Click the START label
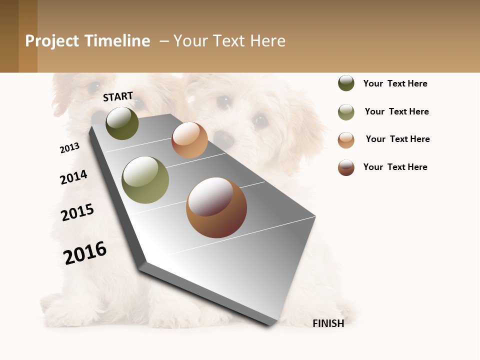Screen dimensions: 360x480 pyautogui.click(x=118, y=96)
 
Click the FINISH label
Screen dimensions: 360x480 pyautogui.click(x=328, y=323)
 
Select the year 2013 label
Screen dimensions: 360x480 pyautogui.click(x=69, y=148)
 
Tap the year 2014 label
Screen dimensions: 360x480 pyautogui.click(x=73, y=177)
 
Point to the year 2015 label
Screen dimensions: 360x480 pyautogui.click(x=77, y=212)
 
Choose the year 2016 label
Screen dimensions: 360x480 pyautogui.click(x=85, y=252)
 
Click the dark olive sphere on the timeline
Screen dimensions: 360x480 pyautogui.click(x=122, y=123)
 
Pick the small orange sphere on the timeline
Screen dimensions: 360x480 pyautogui.click(x=189, y=140)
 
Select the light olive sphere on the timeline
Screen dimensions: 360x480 pyautogui.click(x=145, y=180)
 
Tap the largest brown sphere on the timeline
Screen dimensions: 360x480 pyautogui.click(x=216, y=207)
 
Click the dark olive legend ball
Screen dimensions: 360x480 pyautogui.click(x=346, y=83)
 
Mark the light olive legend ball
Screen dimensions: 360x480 pyautogui.click(x=346, y=112)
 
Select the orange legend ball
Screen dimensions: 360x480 pyautogui.click(x=346, y=140)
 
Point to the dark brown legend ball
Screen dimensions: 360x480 pyautogui.click(x=346, y=167)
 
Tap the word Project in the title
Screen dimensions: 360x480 pyautogui.click(x=52, y=41)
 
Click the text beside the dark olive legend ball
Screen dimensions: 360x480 pyautogui.click(x=395, y=83)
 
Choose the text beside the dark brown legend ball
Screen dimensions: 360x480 pyautogui.click(x=395, y=167)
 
